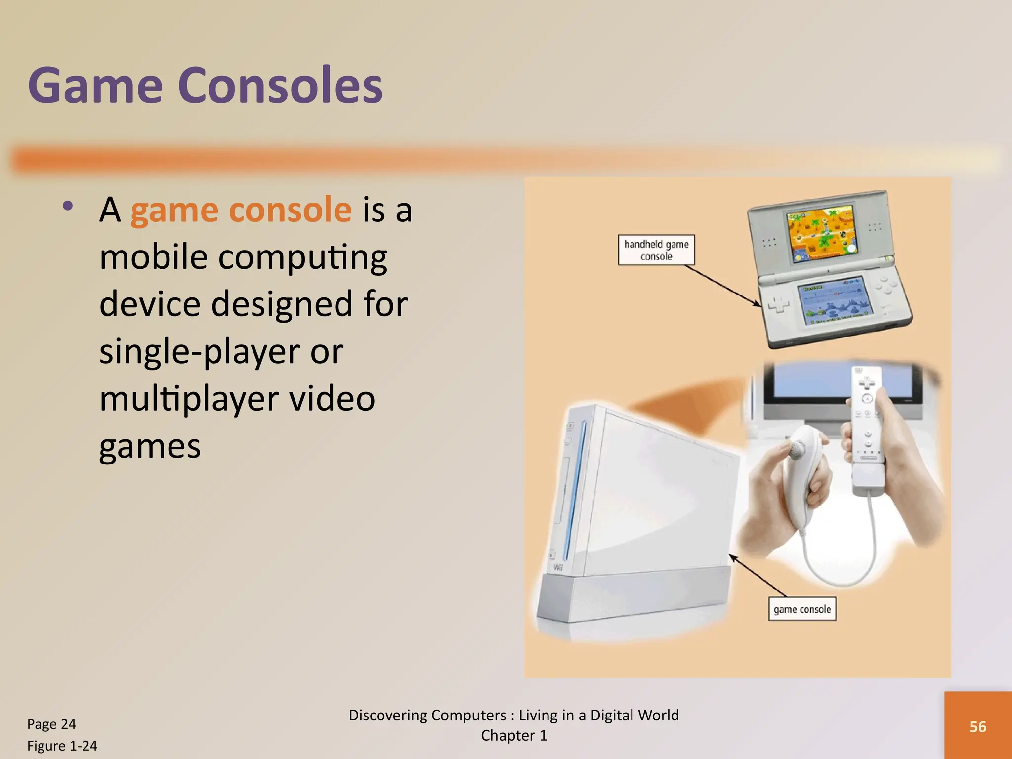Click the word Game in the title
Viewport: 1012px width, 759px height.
[x=95, y=86]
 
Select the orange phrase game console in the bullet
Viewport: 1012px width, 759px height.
[x=241, y=210]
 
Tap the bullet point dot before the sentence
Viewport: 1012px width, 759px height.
[x=68, y=206]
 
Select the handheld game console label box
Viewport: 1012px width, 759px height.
[x=656, y=250]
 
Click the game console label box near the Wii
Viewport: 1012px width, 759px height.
[x=801, y=609]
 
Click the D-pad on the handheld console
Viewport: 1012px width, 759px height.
[x=779, y=304]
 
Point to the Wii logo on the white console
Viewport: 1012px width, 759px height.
[x=558, y=567]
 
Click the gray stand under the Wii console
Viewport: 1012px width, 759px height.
[x=632, y=598]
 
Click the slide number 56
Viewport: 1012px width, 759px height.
[x=977, y=727]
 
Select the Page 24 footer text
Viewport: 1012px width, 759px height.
[x=51, y=724]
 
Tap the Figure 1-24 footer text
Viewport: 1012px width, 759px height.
[x=62, y=746]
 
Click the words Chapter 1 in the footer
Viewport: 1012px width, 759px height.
[x=514, y=736]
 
